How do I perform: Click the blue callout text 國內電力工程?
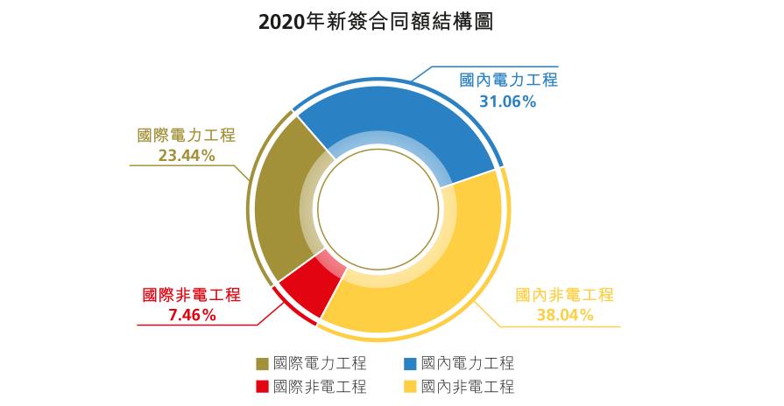508,80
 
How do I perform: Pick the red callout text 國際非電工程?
191,295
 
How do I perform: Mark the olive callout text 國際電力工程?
187,136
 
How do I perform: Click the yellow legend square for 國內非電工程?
409,387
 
